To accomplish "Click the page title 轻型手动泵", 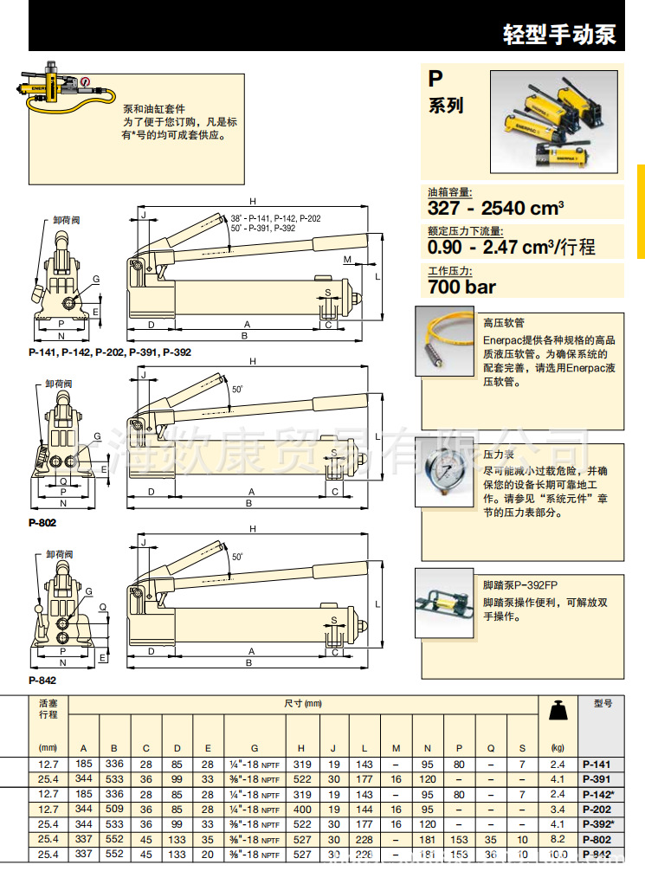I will tap(559, 34).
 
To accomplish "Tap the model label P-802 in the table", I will tap(597, 839).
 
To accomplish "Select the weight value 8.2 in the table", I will tap(558, 839).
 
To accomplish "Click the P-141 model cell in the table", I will tap(597, 764).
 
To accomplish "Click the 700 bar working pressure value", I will tap(462, 287).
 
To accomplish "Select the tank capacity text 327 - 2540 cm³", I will tap(496, 208).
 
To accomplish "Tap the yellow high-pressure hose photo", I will tap(447, 345).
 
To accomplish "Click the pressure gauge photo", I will tap(447, 474).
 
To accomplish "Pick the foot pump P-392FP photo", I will tap(447, 603).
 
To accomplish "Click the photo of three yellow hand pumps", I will tap(554, 121).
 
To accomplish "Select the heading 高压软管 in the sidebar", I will tap(500, 322).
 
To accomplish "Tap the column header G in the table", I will tap(254, 747).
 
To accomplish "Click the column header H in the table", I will tap(301, 747).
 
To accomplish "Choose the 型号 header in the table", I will tap(603, 705).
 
